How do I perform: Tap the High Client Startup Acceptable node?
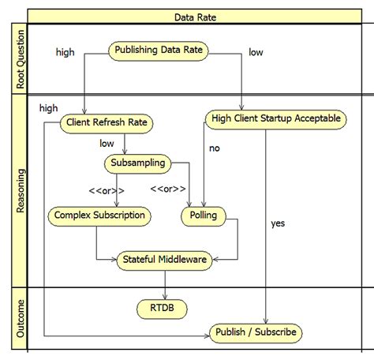click(x=275, y=119)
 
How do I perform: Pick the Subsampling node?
click(x=137, y=163)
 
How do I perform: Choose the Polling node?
click(x=204, y=215)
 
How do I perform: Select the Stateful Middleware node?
click(x=164, y=258)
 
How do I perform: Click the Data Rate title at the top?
click(x=197, y=16)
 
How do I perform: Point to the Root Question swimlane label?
click(x=21, y=59)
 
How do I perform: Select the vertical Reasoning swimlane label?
click(x=21, y=190)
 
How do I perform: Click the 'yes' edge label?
click(x=277, y=223)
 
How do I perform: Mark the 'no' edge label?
click(x=214, y=148)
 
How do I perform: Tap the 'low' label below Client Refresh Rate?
click(x=107, y=144)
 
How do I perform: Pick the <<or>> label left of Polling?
click(x=168, y=189)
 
